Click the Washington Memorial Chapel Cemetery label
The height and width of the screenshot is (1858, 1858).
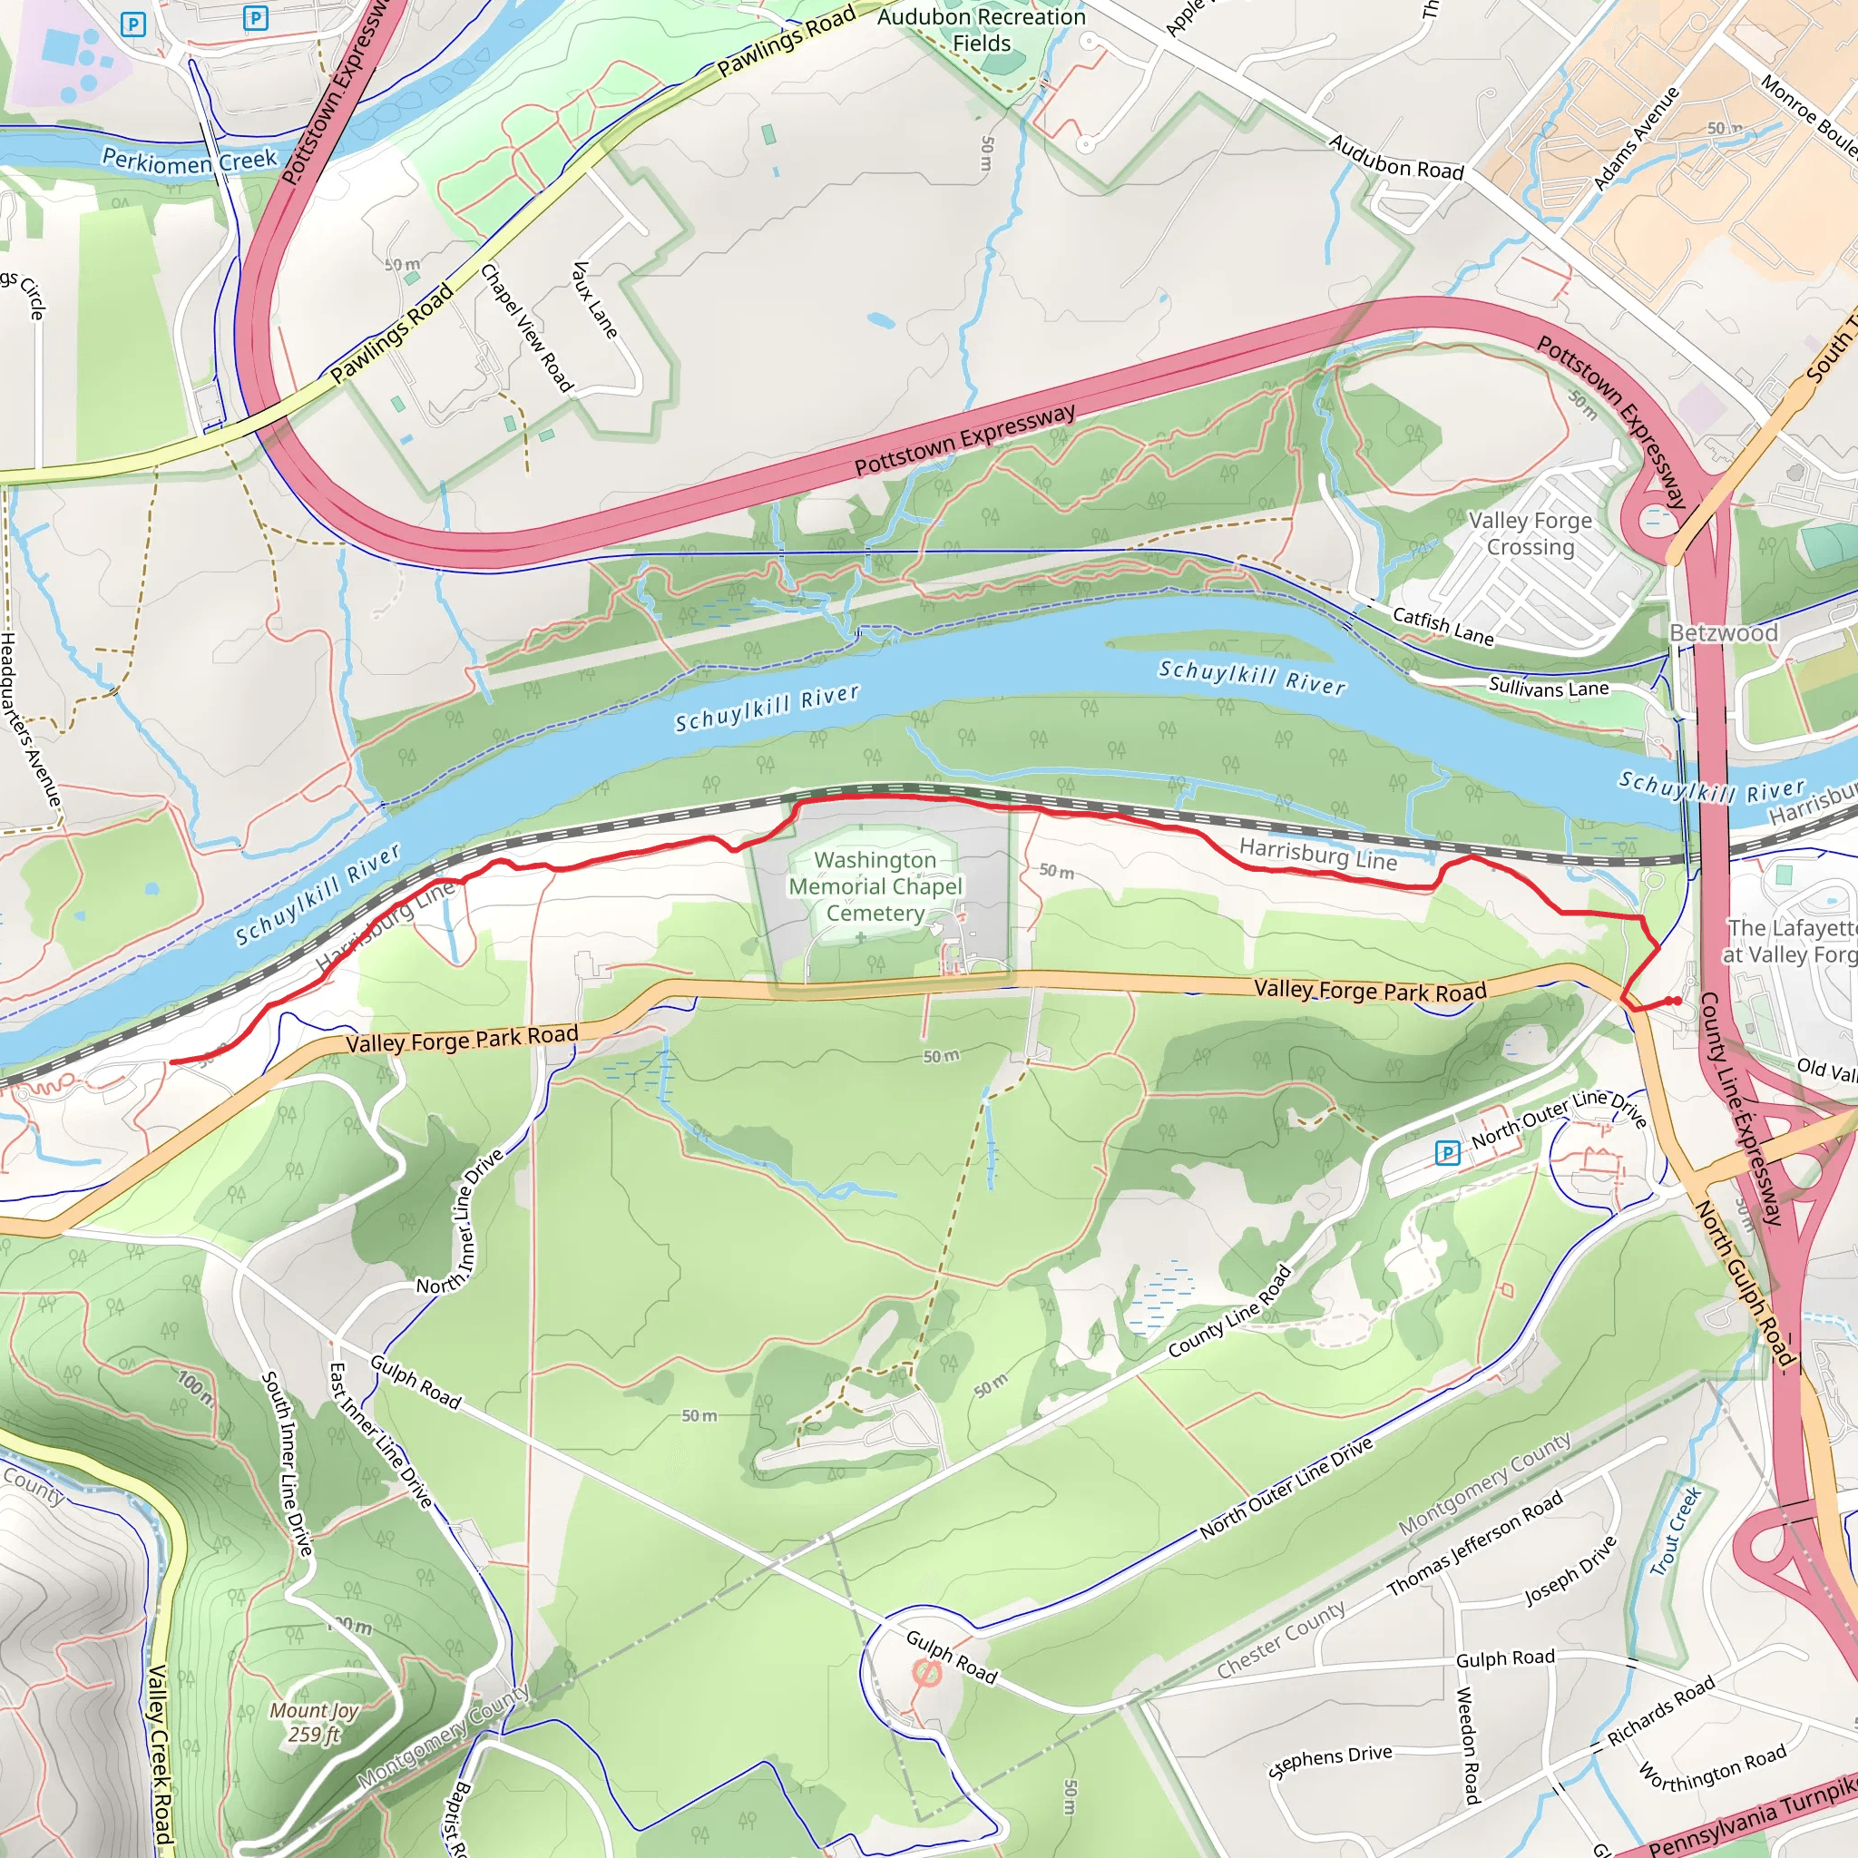[875, 885]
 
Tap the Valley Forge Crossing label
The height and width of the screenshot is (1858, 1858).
[1530, 533]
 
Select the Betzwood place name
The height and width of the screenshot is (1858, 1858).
[1724, 633]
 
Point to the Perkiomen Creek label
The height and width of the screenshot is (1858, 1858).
[190, 160]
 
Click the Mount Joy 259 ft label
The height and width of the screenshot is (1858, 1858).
[314, 1721]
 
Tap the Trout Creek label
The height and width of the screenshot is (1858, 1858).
[1676, 1532]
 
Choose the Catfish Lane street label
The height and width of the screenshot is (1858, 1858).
[1442, 626]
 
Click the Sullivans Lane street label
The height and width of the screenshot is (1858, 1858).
[1549, 688]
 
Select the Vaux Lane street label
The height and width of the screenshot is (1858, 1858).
[594, 299]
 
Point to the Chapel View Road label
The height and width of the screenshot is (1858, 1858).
[526, 327]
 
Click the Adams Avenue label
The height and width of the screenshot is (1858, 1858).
[1636, 139]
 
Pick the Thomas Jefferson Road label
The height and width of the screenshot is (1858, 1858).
[1474, 1544]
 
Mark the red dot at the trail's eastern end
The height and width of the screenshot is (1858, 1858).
[1677, 1002]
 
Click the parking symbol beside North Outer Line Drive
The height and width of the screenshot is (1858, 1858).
[1446, 1152]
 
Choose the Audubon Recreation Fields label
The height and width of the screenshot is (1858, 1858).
[981, 30]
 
